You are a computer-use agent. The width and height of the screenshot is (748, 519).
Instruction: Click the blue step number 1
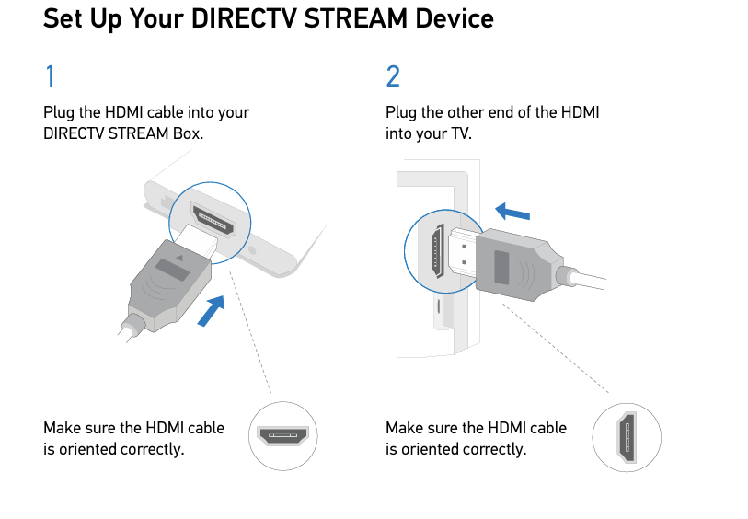(x=50, y=75)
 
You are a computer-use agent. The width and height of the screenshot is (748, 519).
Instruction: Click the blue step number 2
(x=393, y=75)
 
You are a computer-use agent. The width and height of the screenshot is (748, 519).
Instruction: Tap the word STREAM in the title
(x=355, y=18)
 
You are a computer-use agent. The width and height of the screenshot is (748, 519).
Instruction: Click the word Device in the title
(x=455, y=18)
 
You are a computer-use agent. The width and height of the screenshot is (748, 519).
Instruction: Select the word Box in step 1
(x=186, y=133)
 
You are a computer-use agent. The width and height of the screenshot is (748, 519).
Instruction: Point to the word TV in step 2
(x=460, y=133)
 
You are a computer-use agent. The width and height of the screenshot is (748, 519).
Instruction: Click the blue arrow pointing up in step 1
(x=212, y=310)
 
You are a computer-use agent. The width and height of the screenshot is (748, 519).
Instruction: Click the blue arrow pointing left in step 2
(x=512, y=212)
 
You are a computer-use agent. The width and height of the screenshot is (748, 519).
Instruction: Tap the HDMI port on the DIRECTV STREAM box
(x=213, y=219)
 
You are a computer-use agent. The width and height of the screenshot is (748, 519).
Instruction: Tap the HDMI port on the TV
(x=437, y=251)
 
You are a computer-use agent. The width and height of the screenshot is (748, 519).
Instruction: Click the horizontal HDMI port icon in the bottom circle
(x=282, y=435)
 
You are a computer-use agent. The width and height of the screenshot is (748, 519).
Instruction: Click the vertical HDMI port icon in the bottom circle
(x=627, y=437)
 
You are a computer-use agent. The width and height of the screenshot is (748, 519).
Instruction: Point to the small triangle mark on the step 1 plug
(x=179, y=258)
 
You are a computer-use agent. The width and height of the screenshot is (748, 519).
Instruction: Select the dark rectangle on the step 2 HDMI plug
(x=501, y=267)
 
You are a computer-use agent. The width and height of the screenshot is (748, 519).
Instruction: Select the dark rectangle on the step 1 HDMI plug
(x=172, y=270)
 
